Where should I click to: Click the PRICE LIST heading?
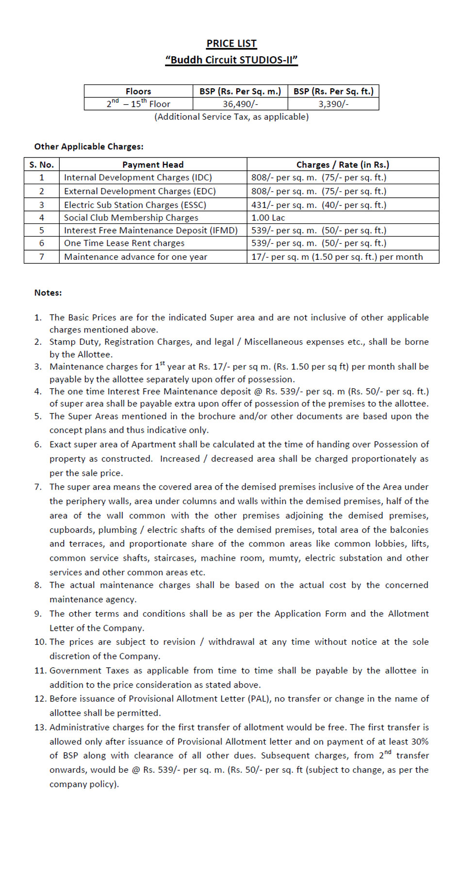231,44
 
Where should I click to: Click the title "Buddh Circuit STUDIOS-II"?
231,60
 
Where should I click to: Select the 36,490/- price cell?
240,104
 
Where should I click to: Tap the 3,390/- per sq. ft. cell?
333,104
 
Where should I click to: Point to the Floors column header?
138,91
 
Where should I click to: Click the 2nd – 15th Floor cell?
138,104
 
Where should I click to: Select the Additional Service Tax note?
231,117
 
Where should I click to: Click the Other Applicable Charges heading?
89,146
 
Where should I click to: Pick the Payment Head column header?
153,165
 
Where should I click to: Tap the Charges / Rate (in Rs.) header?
343,165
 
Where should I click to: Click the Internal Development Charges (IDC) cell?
138,177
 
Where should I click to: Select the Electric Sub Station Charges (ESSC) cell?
135,205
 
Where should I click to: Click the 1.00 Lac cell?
268,218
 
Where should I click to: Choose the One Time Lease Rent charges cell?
124,243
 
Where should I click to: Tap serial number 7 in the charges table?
42,257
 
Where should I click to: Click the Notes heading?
48,293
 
